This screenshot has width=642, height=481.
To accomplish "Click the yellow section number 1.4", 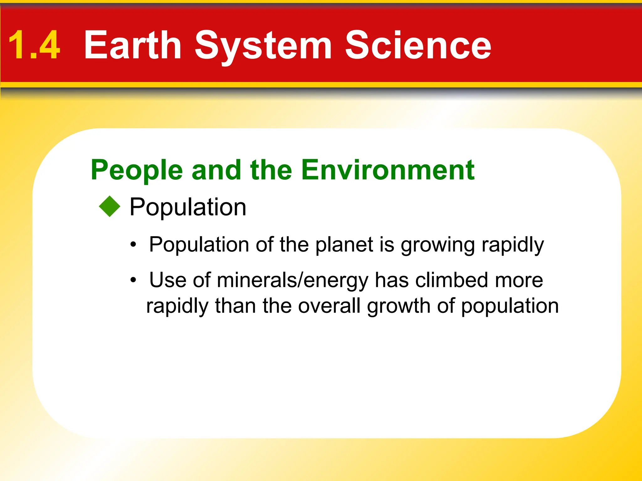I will (34, 45).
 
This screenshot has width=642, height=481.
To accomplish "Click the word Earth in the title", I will (133, 45).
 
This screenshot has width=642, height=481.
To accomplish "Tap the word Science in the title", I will (418, 45).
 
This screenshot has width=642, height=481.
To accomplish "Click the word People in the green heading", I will (137, 171).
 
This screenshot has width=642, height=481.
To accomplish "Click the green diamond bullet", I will (110, 206).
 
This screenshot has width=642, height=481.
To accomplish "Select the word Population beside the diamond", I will (188, 208).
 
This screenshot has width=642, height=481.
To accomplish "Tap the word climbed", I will (451, 280).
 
